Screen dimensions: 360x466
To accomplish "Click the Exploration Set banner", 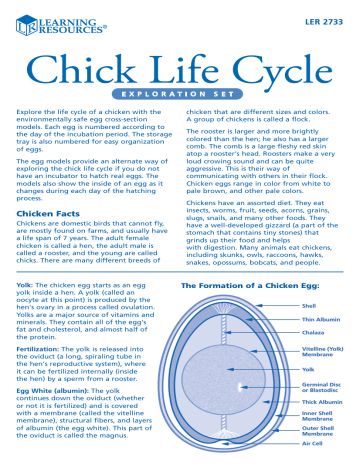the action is tap(180, 102).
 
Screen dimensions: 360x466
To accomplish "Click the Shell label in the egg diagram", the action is tap(308, 305).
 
